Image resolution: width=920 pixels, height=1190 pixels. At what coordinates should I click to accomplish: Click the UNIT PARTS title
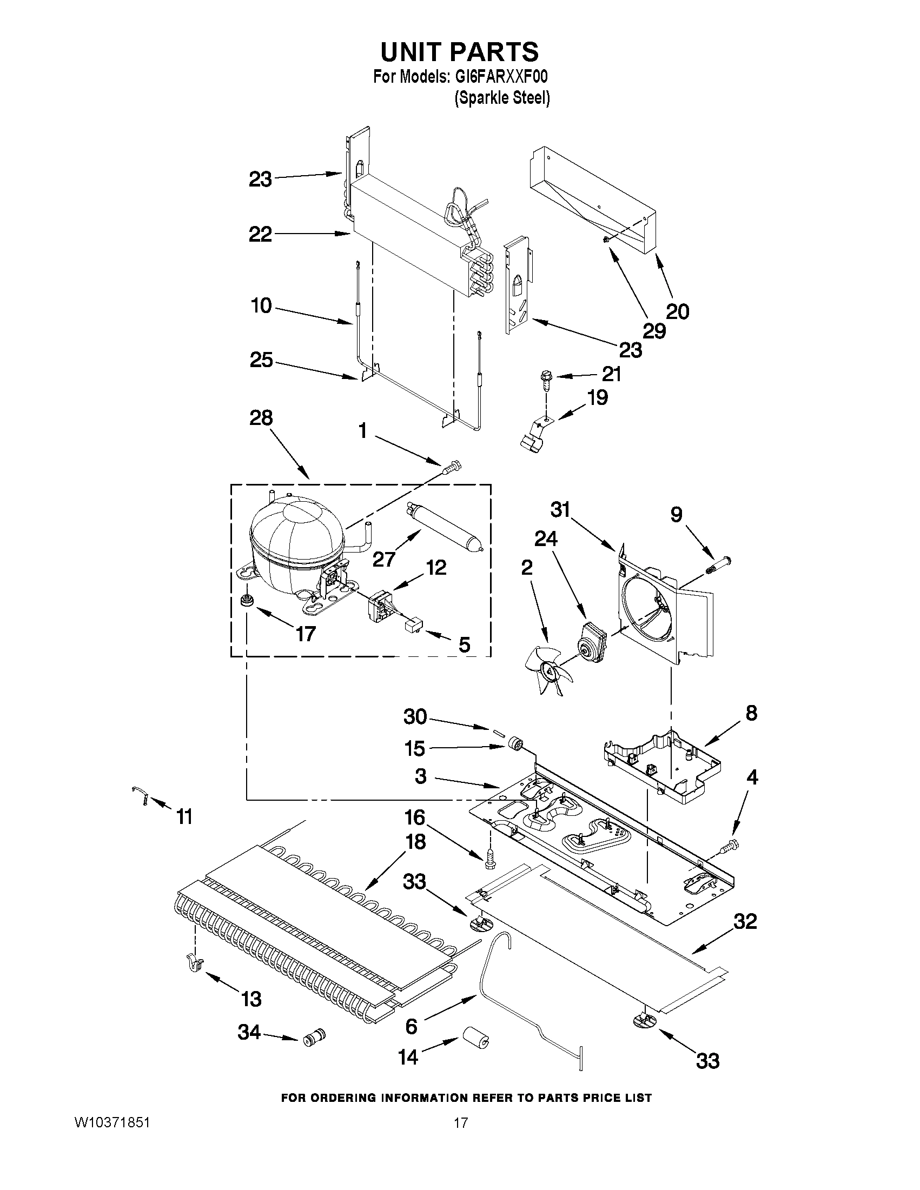pyautogui.click(x=459, y=52)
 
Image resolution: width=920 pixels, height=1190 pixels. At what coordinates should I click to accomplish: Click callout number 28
pyautogui.click(x=261, y=418)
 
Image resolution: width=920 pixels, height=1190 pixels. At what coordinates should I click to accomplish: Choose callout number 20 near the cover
pyautogui.click(x=678, y=311)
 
